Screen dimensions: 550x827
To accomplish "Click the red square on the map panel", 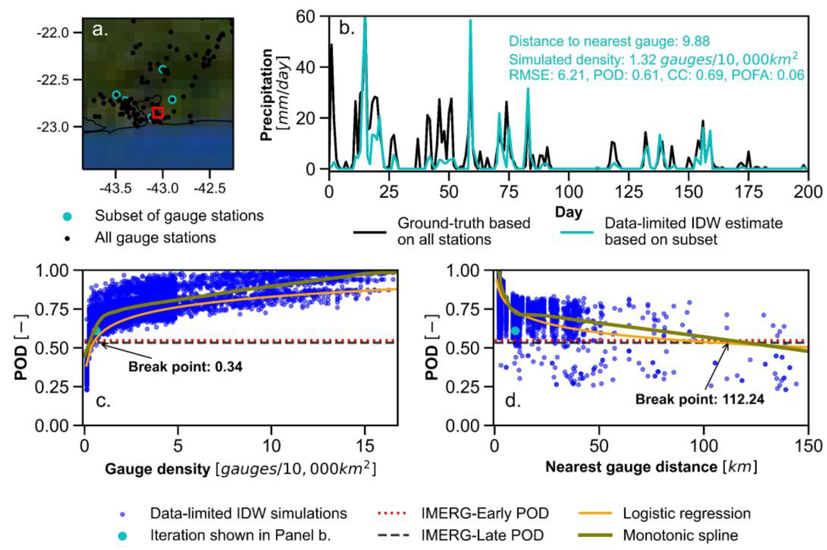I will click(158, 112).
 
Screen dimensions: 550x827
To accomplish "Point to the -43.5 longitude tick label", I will click(115, 189).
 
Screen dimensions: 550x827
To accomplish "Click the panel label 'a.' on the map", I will click(100, 30).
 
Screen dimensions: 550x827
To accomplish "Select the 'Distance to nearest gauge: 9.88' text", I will click(609, 41).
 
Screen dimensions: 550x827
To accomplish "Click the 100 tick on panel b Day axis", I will click(568, 192).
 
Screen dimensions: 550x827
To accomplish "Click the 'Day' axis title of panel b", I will click(568, 212).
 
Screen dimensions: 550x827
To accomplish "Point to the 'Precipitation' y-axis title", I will click(267, 95).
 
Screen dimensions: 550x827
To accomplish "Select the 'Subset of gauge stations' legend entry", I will click(179, 216).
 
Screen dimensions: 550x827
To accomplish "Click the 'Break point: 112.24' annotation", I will click(700, 399).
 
